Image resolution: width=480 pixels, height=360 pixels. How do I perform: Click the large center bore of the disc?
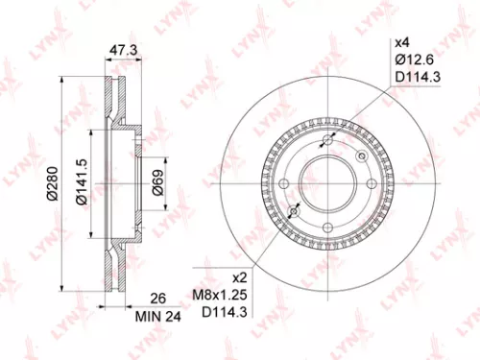click(327, 177)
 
